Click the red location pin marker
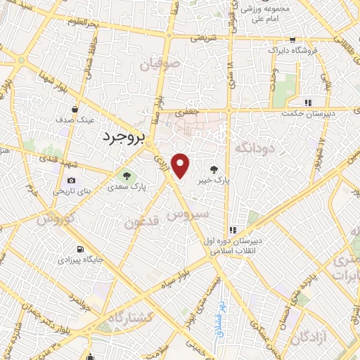click(181, 166)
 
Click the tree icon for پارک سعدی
click(127, 176)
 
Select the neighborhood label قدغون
click(143, 223)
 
